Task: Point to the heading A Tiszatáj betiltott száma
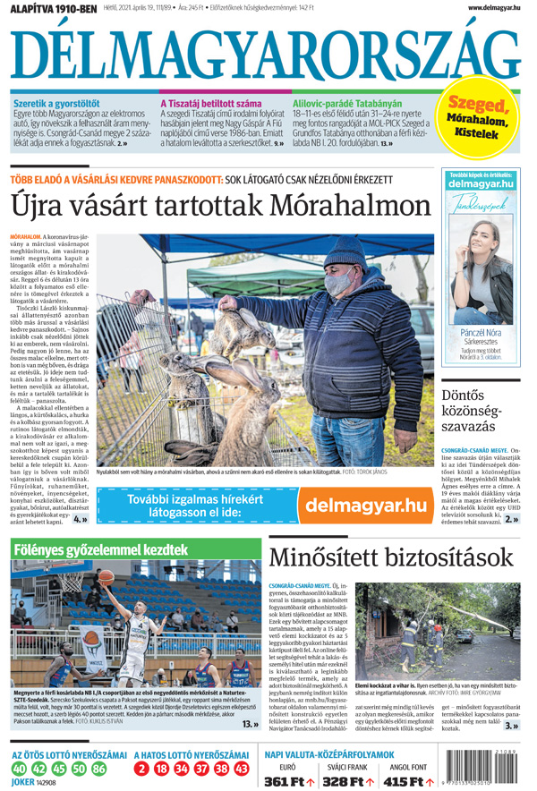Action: pyautogui.click(x=211, y=104)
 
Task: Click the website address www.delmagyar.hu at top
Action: pyautogui.click(x=493, y=7)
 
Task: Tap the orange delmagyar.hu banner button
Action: pyautogui.click(x=366, y=505)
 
